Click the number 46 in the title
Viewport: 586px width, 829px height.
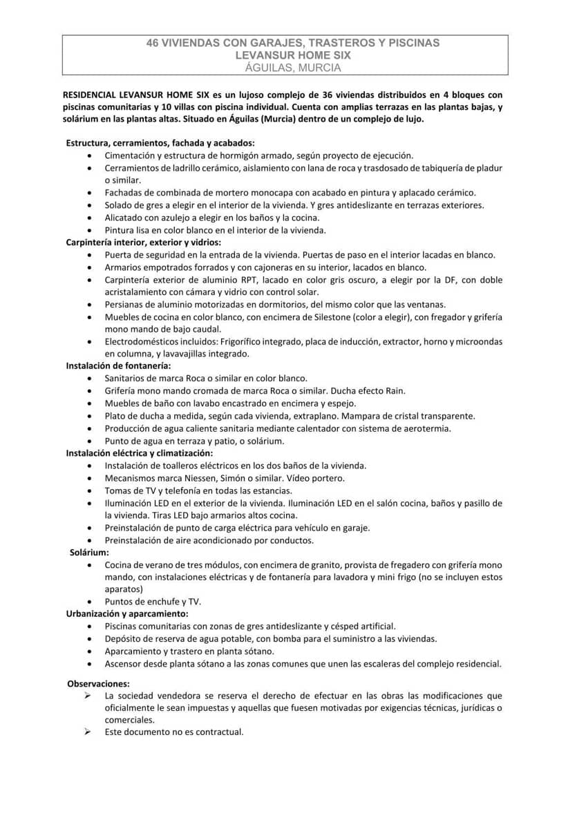pos(153,43)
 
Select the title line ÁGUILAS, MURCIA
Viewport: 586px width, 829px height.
pos(293,68)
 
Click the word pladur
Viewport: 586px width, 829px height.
pos(490,169)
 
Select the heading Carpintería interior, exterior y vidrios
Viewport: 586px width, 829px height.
pos(144,242)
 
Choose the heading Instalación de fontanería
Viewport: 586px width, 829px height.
pos(118,366)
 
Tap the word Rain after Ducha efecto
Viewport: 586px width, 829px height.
pos(395,391)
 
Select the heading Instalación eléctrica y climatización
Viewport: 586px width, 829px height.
pos(140,453)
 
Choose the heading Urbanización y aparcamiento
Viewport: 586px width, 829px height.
pos(127,613)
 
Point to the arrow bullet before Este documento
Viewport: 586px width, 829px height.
pos(88,732)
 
